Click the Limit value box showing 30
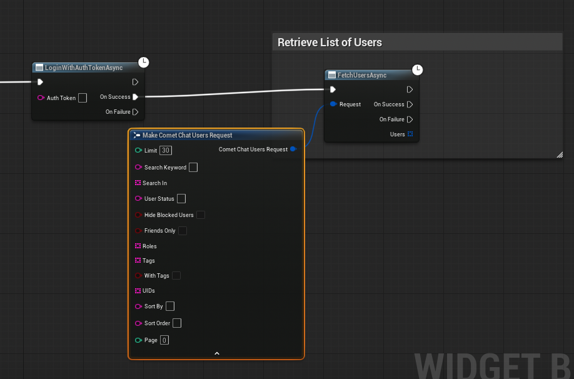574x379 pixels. pyautogui.click(x=166, y=151)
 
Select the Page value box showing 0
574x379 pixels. pyautogui.click(x=164, y=340)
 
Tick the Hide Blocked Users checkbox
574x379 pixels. pyautogui.click(x=201, y=215)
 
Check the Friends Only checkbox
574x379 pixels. pyautogui.click(x=183, y=231)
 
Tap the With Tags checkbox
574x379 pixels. pyautogui.click(x=176, y=276)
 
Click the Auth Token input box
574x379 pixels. pyautogui.click(x=83, y=98)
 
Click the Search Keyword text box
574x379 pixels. pyautogui.click(x=193, y=168)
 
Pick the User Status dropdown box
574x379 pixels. pyautogui.click(x=181, y=198)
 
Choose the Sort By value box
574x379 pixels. pyautogui.click(x=170, y=306)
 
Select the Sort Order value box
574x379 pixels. pyautogui.click(x=177, y=323)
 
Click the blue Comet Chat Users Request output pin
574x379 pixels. pyautogui.click(x=293, y=149)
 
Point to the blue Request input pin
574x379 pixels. pyautogui.click(x=333, y=104)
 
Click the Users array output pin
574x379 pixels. pyautogui.click(x=410, y=134)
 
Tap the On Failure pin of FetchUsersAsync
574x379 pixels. pyautogui.click(x=410, y=119)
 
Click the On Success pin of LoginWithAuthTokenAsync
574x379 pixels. pyautogui.click(x=136, y=97)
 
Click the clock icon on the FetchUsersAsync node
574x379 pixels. pyautogui.click(x=417, y=69)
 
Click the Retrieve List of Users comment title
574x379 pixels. pyautogui.click(x=330, y=43)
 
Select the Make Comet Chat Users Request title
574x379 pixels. pyautogui.click(x=187, y=135)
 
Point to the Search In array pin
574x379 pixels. pyautogui.click(x=138, y=183)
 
